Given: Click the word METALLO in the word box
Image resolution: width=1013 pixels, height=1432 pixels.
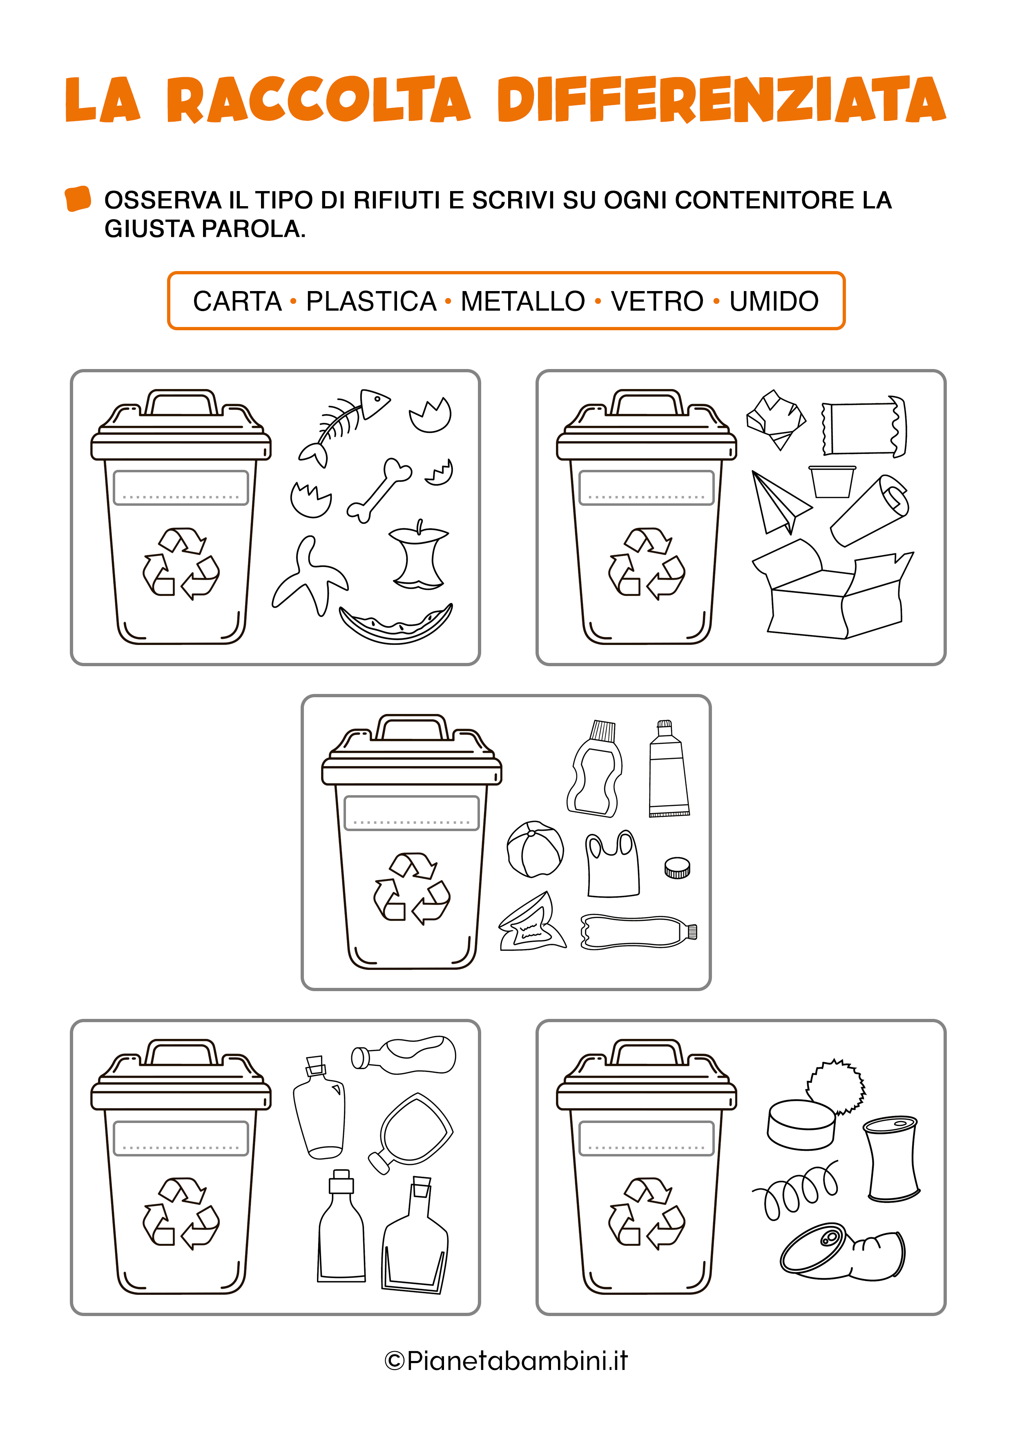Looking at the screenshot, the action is [522, 301].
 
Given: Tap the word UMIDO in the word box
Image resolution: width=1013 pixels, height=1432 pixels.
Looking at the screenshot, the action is [774, 301].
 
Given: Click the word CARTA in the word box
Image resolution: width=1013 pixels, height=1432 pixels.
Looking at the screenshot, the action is [237, 301].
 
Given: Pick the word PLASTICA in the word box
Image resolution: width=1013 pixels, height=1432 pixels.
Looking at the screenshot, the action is [371, 301].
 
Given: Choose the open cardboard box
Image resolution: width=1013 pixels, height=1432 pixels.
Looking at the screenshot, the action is [832, 589].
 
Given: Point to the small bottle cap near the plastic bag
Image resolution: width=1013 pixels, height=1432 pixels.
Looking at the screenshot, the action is [677, 867].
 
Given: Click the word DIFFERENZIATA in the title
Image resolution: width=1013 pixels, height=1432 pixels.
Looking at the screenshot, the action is [721, 100].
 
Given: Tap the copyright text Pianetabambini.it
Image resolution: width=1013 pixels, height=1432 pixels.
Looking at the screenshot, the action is [506, 1360].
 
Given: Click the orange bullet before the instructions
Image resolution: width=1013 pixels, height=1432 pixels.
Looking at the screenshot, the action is [78, 199].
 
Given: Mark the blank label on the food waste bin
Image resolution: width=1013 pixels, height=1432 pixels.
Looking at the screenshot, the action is [181, 488].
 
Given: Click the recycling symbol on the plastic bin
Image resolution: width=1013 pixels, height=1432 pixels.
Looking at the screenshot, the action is [412, 888].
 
